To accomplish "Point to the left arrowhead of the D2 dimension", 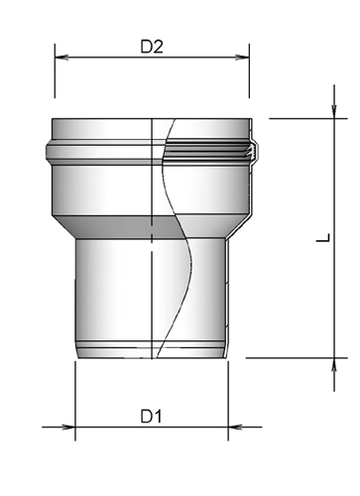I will (x=59, y=57).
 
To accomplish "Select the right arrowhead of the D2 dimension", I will (x=243, y=57).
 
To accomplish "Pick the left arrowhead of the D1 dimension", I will (x=80, y=429).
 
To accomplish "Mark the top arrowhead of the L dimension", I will (x=333, y=124).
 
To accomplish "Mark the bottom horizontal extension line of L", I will (x=298, y=357).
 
